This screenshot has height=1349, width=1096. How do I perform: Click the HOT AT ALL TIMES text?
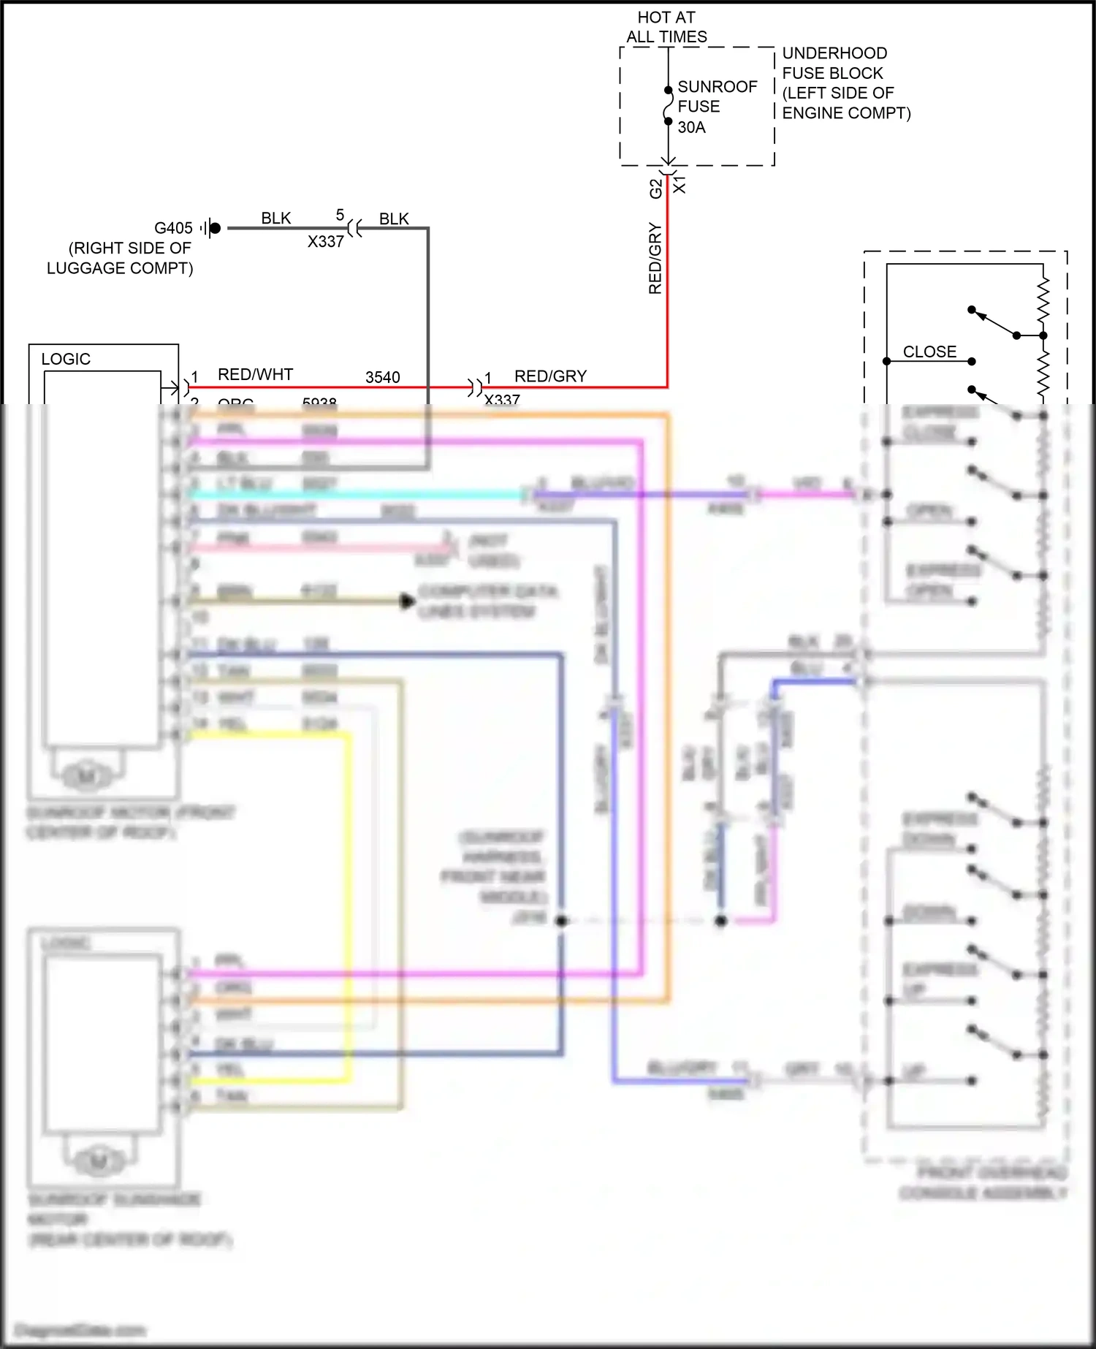(666, 27)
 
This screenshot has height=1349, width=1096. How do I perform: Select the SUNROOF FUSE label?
(717, 96)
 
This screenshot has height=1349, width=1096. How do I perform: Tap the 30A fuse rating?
(691, 127)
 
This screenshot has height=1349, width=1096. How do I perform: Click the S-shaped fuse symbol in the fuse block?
(667, 107)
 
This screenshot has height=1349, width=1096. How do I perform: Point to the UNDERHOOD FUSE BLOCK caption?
(845, 83)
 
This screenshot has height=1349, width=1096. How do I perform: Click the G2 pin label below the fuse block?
(655, 188)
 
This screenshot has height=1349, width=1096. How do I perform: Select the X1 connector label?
(680, 183)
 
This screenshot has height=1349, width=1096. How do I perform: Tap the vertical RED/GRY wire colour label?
(655, 259)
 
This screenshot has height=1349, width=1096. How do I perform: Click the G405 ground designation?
(173, 228)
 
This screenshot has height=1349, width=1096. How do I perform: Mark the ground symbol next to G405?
(210, 228)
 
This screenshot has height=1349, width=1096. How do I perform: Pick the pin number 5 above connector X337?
(340, 215)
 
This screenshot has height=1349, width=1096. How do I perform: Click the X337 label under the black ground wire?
(325, 242)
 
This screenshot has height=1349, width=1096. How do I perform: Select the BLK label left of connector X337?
(275, 218)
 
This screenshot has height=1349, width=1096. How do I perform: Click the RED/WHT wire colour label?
(255, 374)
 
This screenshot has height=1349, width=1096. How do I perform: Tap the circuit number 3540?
(382, 377)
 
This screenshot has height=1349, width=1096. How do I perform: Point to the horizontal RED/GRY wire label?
(550, 376)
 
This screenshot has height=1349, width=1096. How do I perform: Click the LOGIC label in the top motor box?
(66, 359)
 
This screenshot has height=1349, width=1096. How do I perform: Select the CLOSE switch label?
(929, 351)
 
